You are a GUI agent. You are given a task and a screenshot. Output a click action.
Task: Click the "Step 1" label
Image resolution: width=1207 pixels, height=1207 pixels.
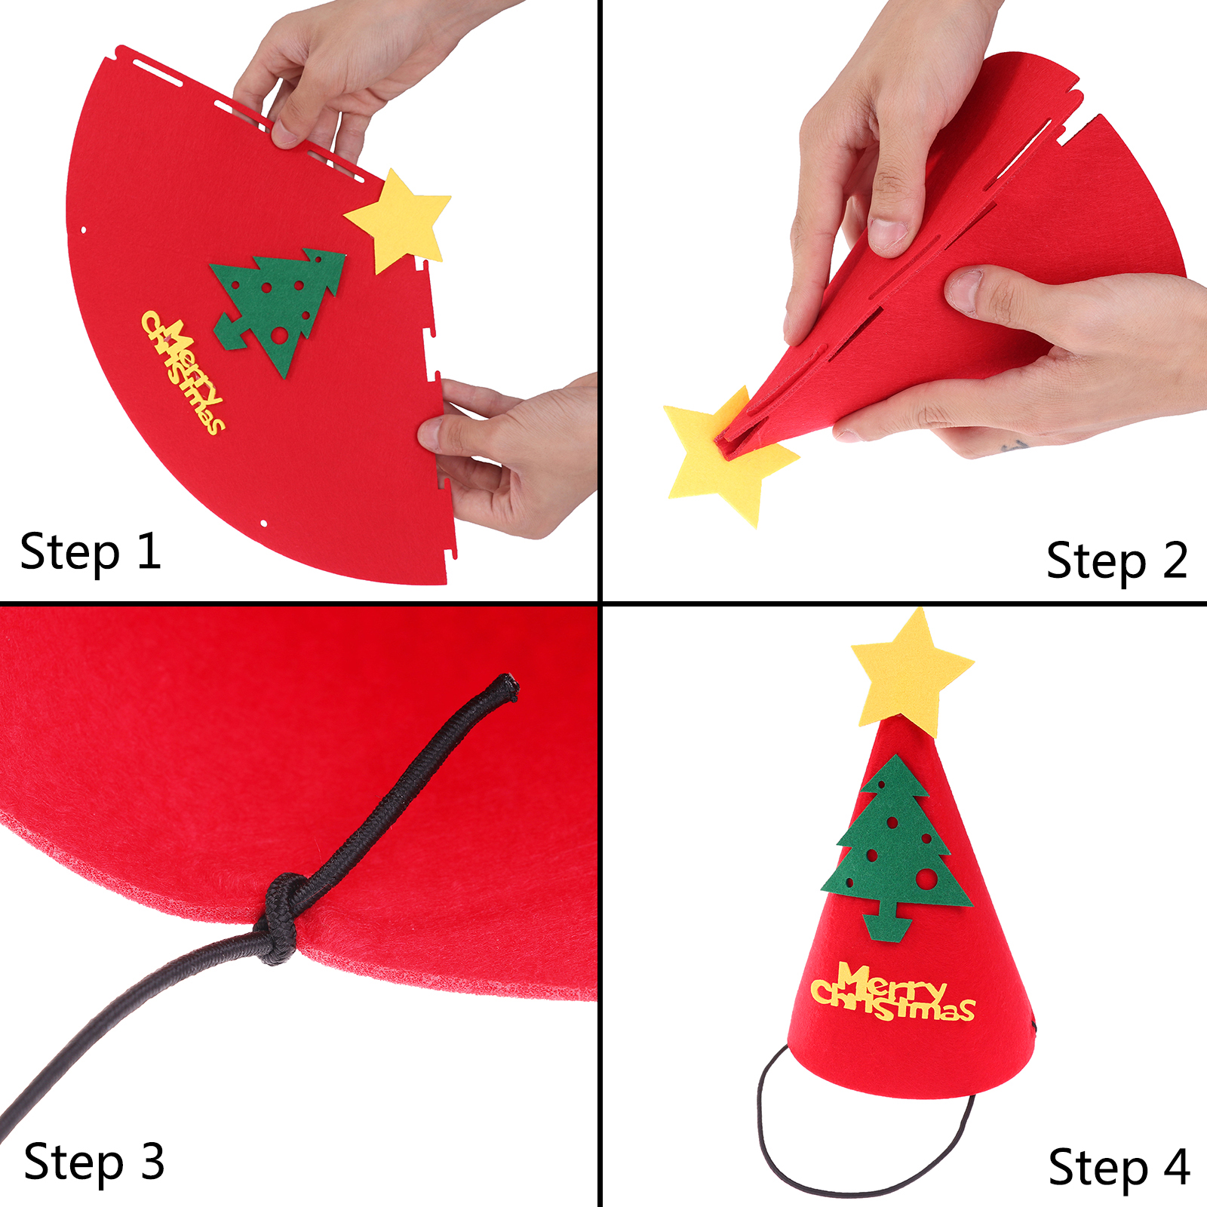[91, 553]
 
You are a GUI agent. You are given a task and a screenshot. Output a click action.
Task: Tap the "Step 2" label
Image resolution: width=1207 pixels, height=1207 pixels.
[1117, 562]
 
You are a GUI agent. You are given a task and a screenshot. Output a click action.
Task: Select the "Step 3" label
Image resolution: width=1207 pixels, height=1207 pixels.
[94, 1162]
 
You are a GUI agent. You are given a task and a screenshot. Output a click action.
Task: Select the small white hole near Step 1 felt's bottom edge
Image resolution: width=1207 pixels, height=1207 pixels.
[263, 524]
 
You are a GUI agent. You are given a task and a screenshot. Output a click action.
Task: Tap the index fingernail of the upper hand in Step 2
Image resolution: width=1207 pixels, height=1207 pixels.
[888, 232]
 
